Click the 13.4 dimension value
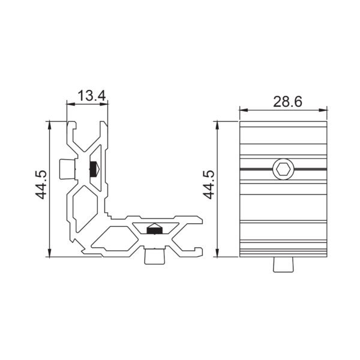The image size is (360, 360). point(92,96)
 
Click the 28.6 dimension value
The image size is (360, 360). point(287,102)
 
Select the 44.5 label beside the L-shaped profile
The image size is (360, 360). point(41,185)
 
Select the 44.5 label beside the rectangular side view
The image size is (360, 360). point(209,185)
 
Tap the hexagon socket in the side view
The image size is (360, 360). point(283,170)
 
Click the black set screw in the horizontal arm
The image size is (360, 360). point(155,229)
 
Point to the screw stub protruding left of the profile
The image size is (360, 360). point(67,169)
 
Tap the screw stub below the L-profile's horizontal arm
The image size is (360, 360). point(155,256)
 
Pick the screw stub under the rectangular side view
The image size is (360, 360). point(284,265)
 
